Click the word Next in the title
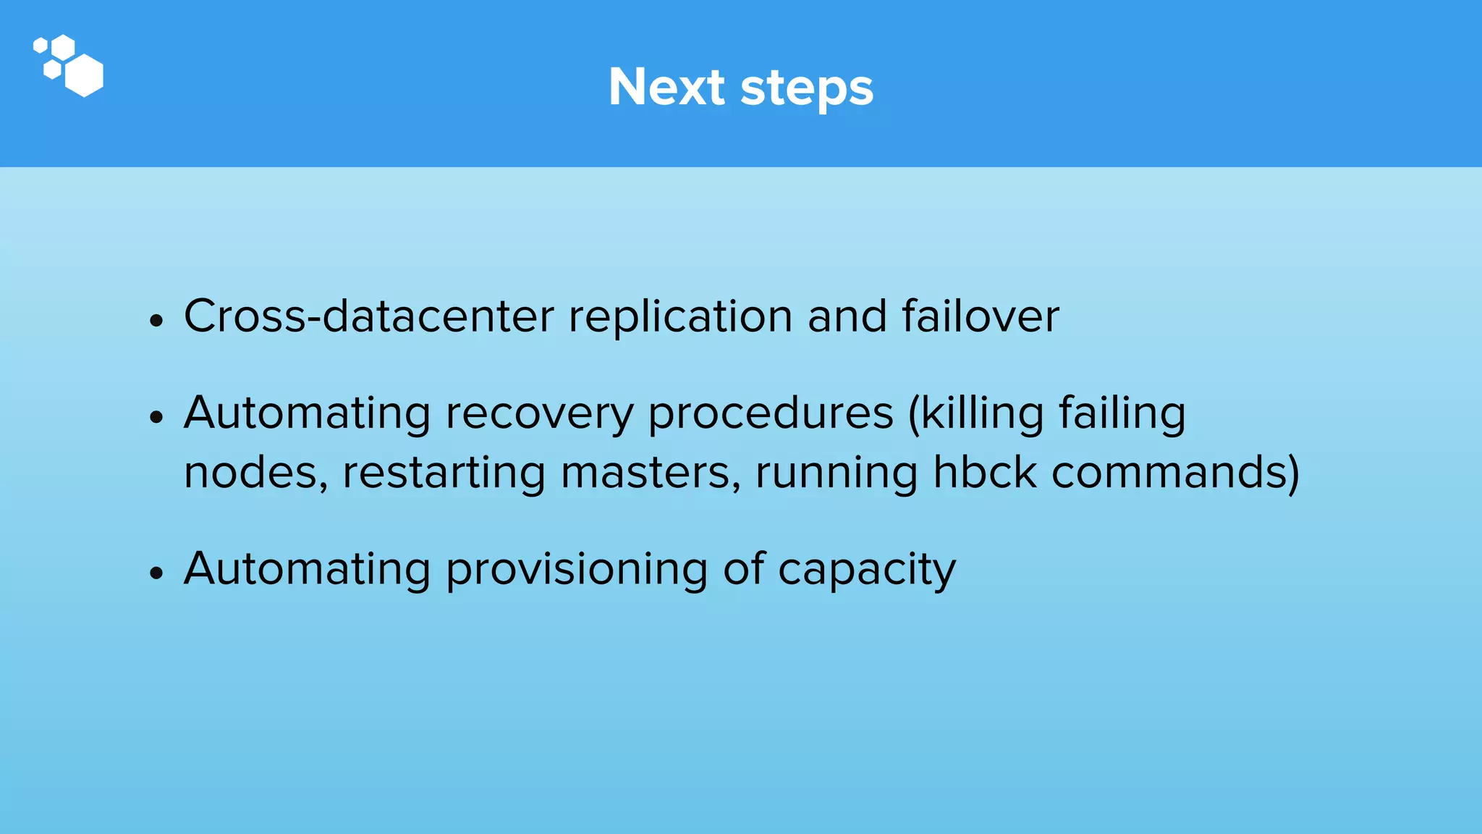666,88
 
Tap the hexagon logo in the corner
69,65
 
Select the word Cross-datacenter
368,316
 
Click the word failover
980,316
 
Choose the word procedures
771,413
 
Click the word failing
1122,413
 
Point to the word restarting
444,473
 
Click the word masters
651,473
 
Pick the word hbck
984,473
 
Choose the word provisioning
576,570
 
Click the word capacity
866,570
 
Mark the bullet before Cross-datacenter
156,319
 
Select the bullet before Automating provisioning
156,573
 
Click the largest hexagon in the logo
84,75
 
